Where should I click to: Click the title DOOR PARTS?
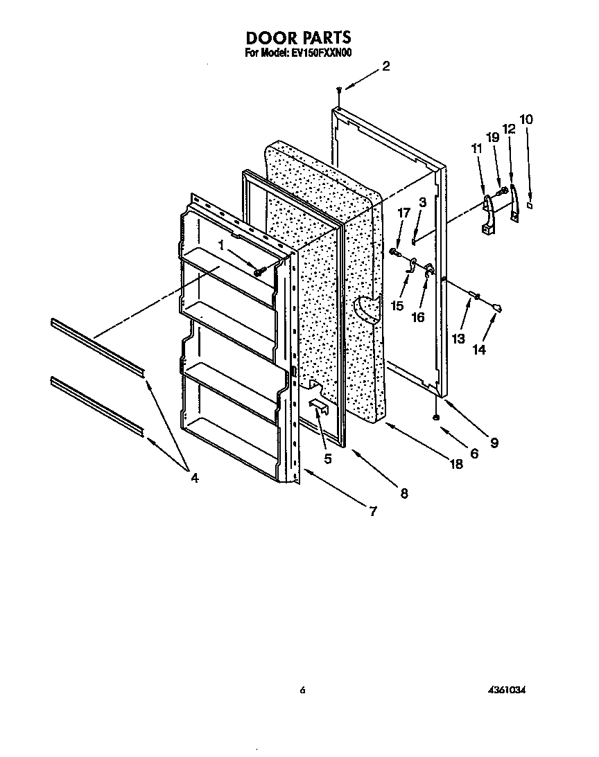[x=299, y=38]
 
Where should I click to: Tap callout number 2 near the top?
[x=385, y=66]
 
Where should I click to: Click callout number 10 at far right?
[x=527, y=119]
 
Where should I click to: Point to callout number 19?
[x=493, y=138]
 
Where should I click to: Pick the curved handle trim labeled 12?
[x=514, y=206]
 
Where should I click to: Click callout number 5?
[x=327, y=458]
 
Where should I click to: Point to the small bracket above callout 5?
[x=320, y=405]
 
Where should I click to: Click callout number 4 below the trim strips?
[x=194, y=477]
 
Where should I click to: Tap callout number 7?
[x=372, y=511]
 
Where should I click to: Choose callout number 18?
[x=455, y=465]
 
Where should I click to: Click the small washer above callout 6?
[x=436, y=417]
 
